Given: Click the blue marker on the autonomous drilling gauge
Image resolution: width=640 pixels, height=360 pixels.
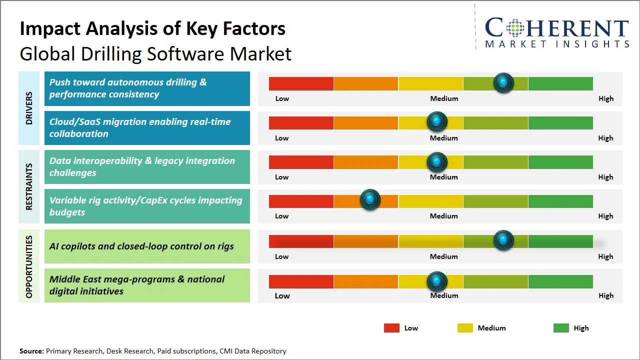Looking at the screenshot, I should pos(503,82).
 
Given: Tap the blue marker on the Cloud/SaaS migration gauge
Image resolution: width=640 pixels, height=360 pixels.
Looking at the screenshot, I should pos(437,121).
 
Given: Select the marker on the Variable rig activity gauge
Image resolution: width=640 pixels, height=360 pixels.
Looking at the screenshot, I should pos(370,200).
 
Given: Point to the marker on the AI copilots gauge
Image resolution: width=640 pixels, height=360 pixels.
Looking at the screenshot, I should pos(503,240).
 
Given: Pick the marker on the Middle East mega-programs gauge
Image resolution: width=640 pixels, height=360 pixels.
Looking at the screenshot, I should pos(437,281).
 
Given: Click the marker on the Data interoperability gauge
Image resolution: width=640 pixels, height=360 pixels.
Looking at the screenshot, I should pos(437,161).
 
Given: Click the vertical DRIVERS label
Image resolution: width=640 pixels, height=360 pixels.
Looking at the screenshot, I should pos(29,108).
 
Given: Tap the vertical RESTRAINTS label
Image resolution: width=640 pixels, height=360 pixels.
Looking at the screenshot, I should pos(29,186).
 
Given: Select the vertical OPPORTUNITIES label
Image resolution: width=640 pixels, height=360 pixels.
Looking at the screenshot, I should pos(29,266).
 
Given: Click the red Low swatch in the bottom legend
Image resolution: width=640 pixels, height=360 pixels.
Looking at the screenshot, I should pos(391,328).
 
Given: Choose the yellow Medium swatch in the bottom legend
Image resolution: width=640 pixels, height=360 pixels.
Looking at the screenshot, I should pos(465,328).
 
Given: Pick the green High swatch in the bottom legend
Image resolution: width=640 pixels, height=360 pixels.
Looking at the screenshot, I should pos(561,328).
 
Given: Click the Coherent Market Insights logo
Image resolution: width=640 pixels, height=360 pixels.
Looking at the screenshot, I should pos(556,33).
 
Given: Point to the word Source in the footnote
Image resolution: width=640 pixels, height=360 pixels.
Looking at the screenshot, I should pos(31,351).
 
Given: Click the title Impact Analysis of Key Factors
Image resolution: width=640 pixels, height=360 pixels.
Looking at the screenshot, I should pos(152,29).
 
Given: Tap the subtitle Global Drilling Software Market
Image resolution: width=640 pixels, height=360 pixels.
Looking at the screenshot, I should pos(155,53).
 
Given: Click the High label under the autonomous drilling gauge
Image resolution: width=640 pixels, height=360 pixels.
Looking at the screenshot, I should pos(606,98).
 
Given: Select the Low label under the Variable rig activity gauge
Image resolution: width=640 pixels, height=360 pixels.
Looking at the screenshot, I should pos(282,216).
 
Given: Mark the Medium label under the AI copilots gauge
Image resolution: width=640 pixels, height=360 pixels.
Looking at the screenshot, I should pos(444,256).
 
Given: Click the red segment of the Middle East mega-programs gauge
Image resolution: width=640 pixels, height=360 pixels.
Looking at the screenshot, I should pos(301,281).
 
